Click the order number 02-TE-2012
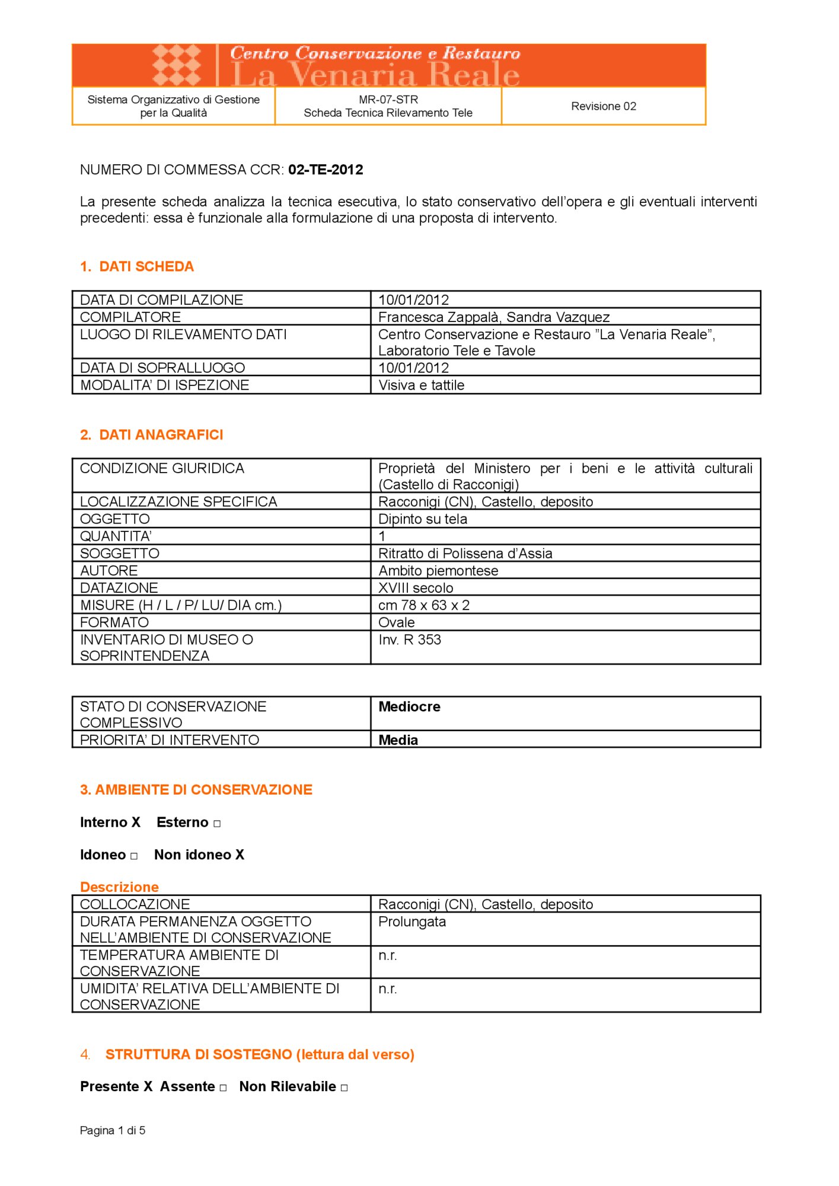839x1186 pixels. (x=326, y=170)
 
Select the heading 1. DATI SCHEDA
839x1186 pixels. (x=137, y=266)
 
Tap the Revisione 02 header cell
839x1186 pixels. (x=603, y=106)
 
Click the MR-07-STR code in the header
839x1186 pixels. (x=388, y=100)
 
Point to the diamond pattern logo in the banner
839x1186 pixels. (x=176, y=65)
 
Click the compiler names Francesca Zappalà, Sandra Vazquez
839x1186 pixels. (x=493, y=317)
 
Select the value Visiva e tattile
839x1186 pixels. (x=421, y=385)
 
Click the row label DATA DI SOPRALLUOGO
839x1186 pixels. (x=162, y=368)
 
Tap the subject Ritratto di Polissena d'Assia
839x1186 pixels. (x=465, y=553)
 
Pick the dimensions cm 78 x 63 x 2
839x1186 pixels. (x=423, y=605)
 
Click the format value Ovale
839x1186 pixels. (x=396, y=622)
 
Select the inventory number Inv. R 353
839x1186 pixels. (x=409, y=639)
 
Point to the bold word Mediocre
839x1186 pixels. (x=409, y=706)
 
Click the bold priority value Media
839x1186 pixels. (x=398, y=739)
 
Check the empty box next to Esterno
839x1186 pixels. (x=217, y=824)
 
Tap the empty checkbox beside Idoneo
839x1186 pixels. (x=134, y=856)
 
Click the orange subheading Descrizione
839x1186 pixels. (x=119, y=887)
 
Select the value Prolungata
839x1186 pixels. (x=411, y=922)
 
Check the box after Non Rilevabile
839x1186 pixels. (x=344, y=1088)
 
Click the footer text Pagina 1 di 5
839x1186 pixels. (x=113, y=1130)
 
